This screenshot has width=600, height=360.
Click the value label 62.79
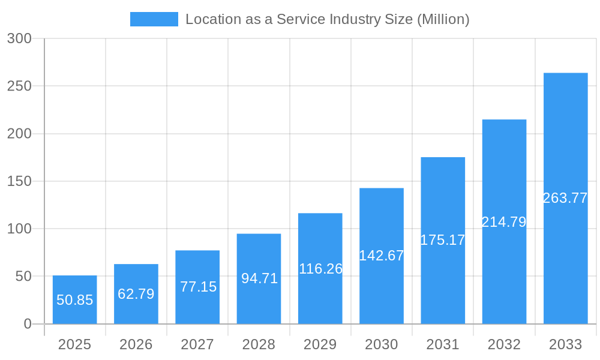[x=136, y=294]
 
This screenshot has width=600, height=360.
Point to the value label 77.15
[x=198, y=287]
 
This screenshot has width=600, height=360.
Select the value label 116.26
[x=320, y=269]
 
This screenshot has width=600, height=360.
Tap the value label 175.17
[x=443, y=240]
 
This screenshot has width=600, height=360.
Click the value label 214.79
[x=504, y=222]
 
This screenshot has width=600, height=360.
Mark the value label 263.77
[x=565, y=198]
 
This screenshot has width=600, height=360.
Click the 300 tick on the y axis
[x=19, y=38]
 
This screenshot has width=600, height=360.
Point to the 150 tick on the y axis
[x=19, y=181]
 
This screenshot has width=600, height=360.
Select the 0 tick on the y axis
[x=28, y=324]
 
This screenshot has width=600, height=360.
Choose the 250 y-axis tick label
[x=19, y=86]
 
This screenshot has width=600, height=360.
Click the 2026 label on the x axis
[x=136, y=344]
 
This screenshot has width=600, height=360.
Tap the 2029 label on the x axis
[x=320, y=344]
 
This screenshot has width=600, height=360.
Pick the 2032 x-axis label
[x=504, y=344]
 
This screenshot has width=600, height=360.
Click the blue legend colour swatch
[x=154, y=19]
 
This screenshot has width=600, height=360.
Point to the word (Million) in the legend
[x=443, y=19]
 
